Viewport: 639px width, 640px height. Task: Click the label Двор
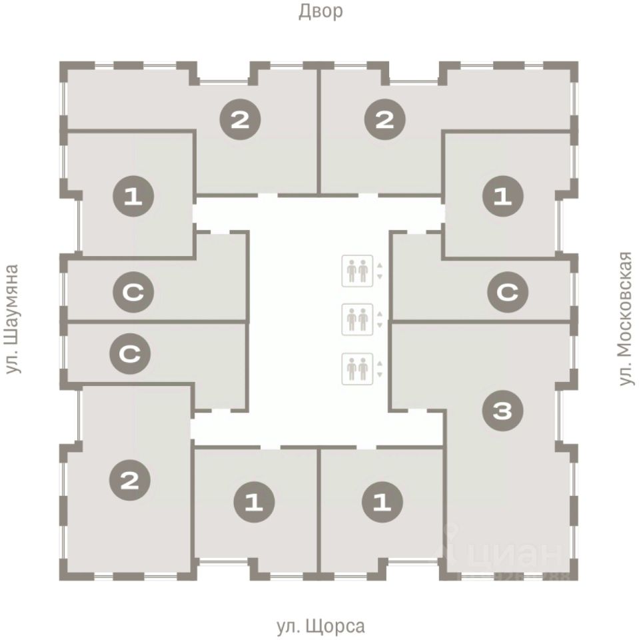[320, 11]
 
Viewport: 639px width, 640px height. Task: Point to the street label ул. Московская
[625, 319]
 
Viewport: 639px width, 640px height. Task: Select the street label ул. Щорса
[320, 627]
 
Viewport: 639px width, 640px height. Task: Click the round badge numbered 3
[504, 412]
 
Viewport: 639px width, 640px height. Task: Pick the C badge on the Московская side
[508, 292]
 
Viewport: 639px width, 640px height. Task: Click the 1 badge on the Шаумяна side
[133, 197]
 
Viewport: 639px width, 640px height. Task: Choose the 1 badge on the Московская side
[503, 197]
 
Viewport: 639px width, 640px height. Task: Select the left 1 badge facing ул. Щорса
[255, 501]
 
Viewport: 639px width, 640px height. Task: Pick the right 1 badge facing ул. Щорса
[382, 501]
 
